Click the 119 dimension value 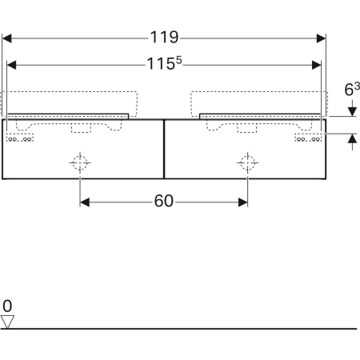click(164, 37)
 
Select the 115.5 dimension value click(164, 63)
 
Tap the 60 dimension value click(164, 201)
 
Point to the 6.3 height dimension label click(352, 89)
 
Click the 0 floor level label click(7, 306)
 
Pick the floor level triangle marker click(7, 322)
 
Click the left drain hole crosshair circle click(80, 162)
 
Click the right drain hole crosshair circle click(247, 162)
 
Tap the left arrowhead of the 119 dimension click(6, 38)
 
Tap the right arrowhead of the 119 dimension click(321, 38)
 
